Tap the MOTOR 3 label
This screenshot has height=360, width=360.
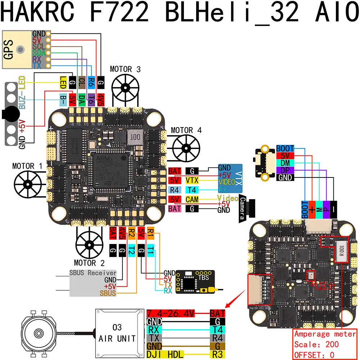coord(125,69)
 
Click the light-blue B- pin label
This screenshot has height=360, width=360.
coord(63,98)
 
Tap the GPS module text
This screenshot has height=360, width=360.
coord(8,49)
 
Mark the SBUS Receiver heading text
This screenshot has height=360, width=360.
coord(93,273)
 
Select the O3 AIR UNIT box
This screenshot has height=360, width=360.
coord(117,333)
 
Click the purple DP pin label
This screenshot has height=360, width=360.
coord(285,170)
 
